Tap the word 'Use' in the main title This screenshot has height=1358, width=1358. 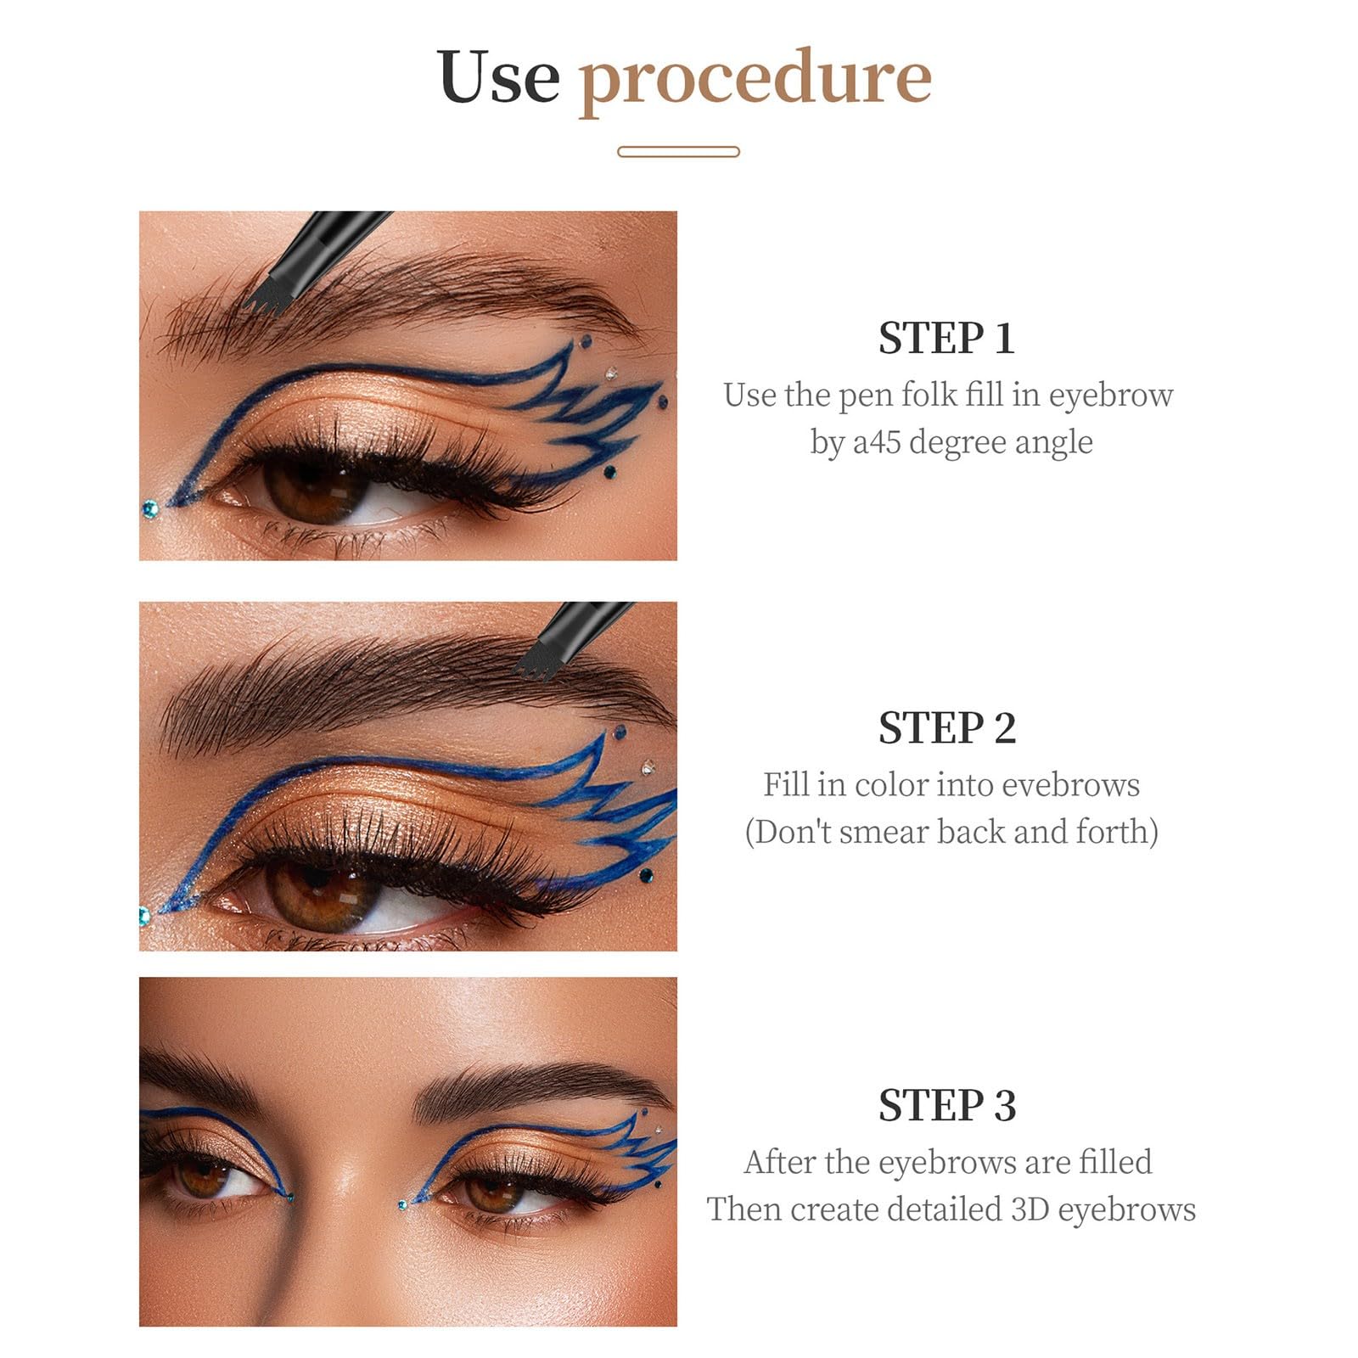click(x=498, y=76)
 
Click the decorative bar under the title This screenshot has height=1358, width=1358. click(x=678, y=152)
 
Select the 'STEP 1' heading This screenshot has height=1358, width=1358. click(x=947, y=338)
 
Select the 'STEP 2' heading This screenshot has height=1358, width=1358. click(x=947, y=727)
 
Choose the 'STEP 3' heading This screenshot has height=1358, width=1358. click(x=947, y=1105)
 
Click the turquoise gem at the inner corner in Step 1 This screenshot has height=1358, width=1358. click(x=150, y=508)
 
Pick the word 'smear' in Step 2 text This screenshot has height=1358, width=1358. click(x=888, y=833)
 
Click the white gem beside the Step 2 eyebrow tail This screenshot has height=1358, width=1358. click(x=648, y=768)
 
